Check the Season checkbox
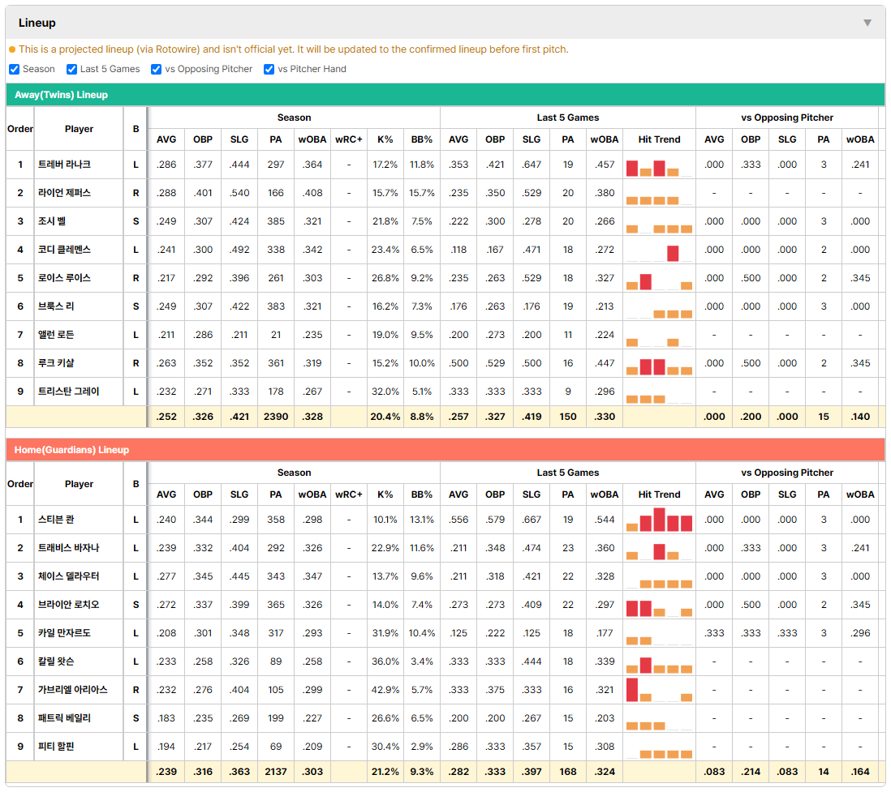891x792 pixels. pyautogui.click(x=15, y=69)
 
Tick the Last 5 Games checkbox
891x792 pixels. pyautogui.click(x=71, y=69)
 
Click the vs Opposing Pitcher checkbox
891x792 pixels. pyautogui.click(x=157, y=69)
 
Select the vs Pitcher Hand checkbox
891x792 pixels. pyautogui.click(x=269, y=69)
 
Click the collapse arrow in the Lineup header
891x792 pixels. pyautogui.click(x=867, y=23)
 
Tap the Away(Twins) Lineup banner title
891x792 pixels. pyautogui.click(x=62, y=95)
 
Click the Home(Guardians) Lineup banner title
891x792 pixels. pyautogui.click(x=71, y=450)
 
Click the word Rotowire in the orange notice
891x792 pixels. pyautogui.click(x=175, y=49)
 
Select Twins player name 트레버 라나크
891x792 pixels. pyautogui.click(x=64, y=165)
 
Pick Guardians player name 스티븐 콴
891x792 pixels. pyautogui.click(x=56, y=520)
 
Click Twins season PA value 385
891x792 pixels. pyautogui.click(x=276, y=221)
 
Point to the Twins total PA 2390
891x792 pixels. pyautogui.click(x=276, y=417)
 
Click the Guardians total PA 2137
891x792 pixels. pyautogui.click(x=276, y=772)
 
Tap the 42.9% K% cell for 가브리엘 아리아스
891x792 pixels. pyautogui.click(x=385, y=690)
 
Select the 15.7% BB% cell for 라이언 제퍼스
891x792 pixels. pyautogui.click(x=422, y=193)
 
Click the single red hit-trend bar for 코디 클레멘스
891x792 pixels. pyautogui.click(x=673, y=253)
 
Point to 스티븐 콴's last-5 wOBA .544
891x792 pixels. pyautogui.click(x=605, y=520)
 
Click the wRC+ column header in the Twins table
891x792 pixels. pyautogui.click(x=348, y=139)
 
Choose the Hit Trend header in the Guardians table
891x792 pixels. pyautogui.click(x=659, y=494)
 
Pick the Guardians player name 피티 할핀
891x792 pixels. pyautogui.click(x=56, y=747)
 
